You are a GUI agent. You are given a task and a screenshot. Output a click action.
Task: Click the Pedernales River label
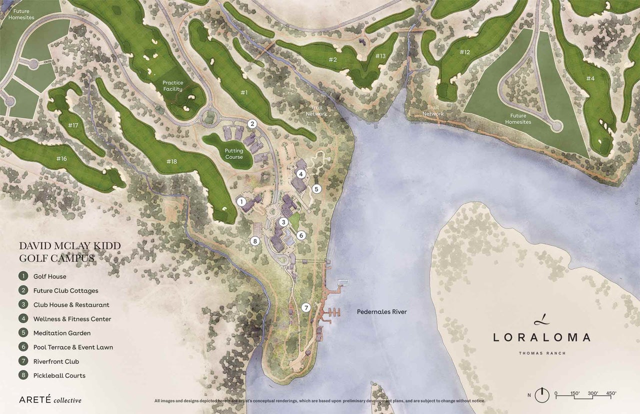381,312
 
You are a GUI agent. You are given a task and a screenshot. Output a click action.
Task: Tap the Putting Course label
233,154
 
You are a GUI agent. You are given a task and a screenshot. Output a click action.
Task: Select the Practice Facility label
173,86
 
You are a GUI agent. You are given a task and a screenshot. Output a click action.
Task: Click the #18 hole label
171,161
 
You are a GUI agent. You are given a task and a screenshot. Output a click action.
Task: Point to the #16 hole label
61,158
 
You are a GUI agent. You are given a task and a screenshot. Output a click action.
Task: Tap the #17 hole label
73,125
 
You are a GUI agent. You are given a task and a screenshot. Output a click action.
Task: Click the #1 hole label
244,92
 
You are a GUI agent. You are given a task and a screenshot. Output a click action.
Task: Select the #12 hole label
464,52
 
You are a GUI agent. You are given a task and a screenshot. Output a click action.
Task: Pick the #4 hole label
590,78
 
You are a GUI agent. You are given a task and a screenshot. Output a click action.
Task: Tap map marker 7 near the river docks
306,307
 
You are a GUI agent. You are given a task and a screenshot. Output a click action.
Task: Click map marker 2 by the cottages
252,123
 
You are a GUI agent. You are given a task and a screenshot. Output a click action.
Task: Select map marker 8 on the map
254,241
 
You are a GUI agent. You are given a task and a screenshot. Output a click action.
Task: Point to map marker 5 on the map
316,189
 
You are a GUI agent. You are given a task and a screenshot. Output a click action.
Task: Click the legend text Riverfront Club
56,361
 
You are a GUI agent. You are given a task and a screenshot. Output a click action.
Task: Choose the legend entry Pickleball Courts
59,375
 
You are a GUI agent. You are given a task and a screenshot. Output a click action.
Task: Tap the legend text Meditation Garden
62,333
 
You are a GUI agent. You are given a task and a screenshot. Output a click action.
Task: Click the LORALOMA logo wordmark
541,337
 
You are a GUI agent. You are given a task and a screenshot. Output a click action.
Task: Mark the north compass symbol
542,395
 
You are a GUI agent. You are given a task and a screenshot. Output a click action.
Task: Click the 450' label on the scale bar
610,393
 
